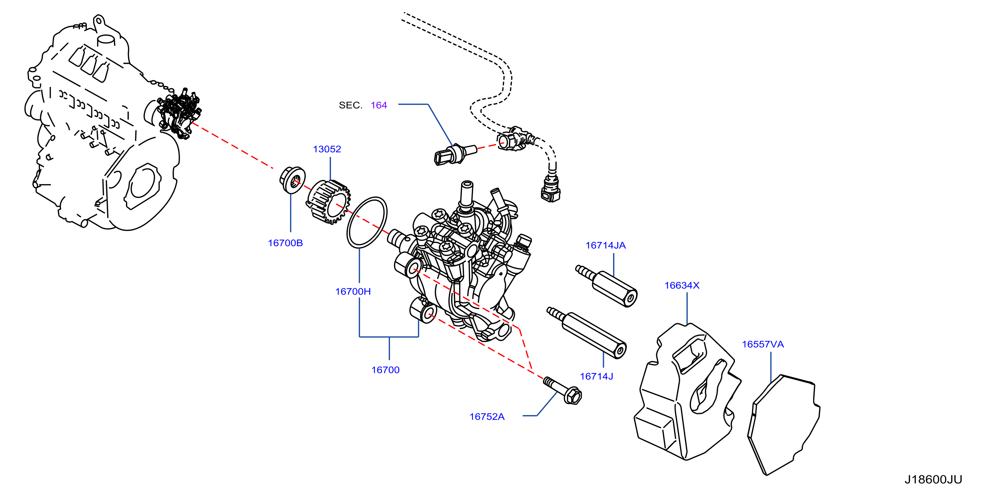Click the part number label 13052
327,149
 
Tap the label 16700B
285,243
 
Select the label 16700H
353,291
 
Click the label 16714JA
605,245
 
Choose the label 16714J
596,377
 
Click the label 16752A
486,417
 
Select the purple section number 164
379,105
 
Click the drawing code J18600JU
933,479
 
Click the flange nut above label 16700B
292,179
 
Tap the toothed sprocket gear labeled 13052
329,202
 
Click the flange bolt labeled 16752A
562,390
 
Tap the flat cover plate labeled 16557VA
783,425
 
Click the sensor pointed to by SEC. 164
455,154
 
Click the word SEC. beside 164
351,105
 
